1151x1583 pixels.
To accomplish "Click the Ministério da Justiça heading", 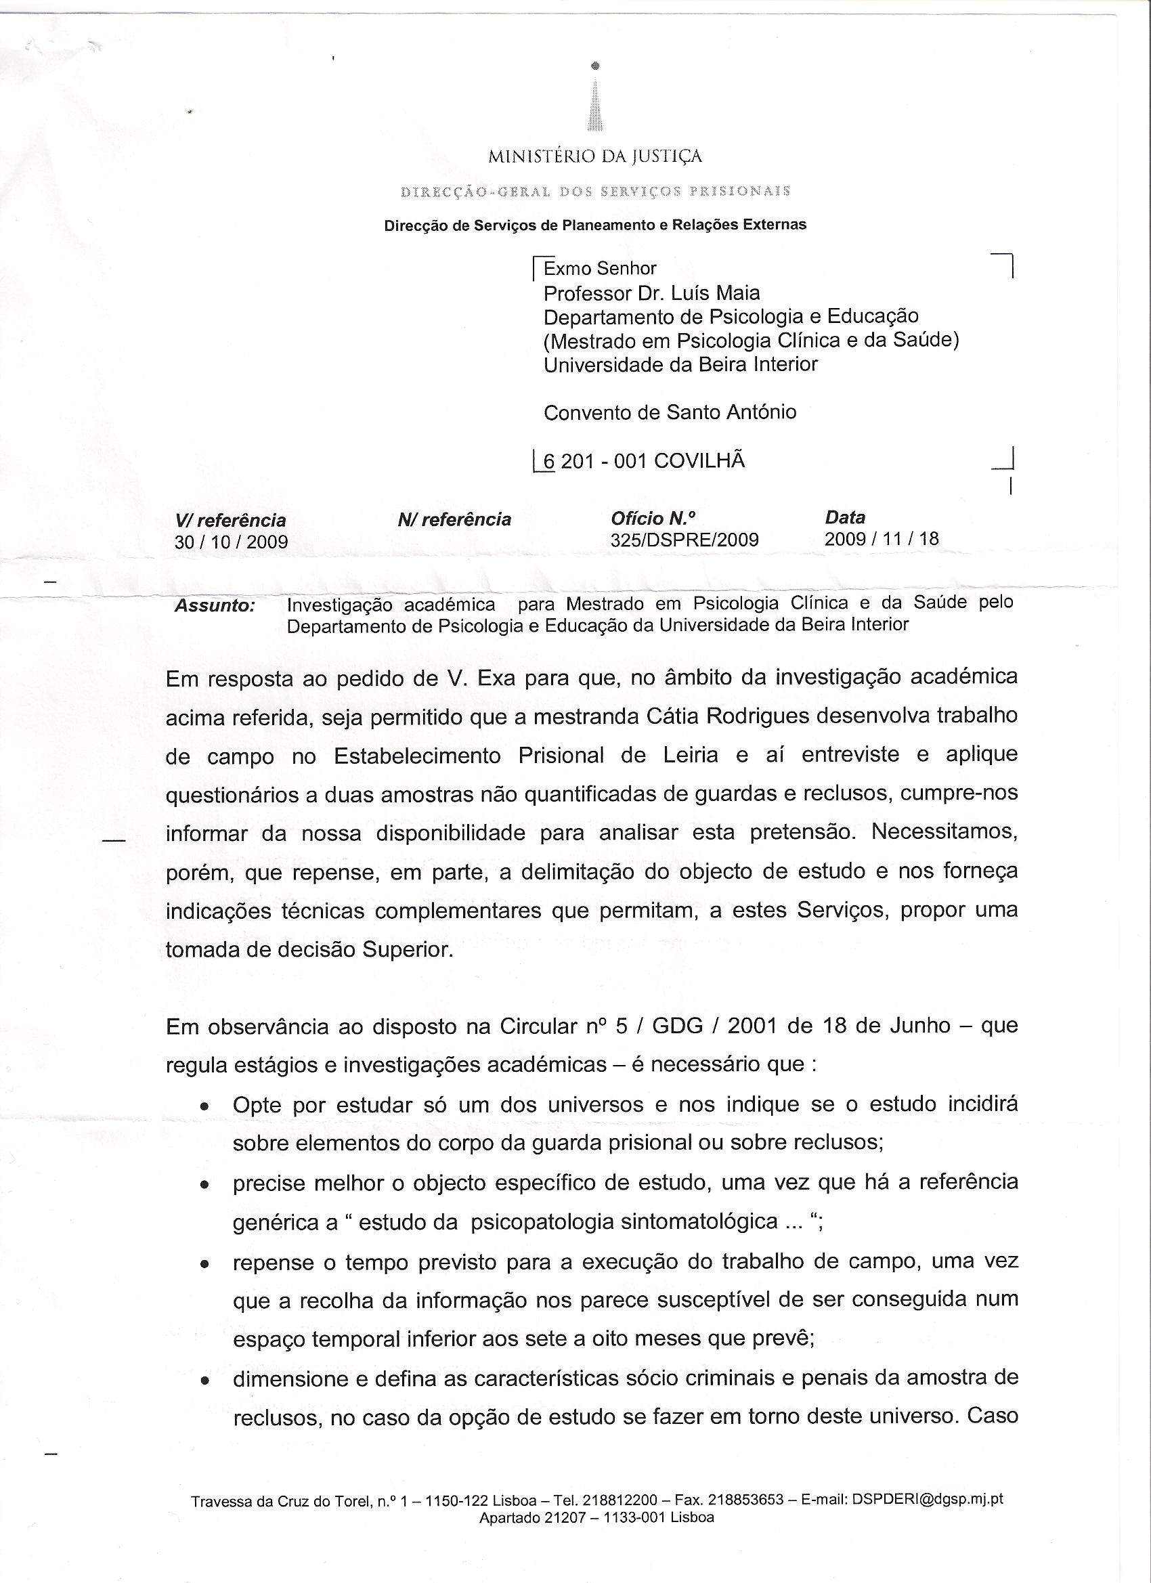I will click(594, 156).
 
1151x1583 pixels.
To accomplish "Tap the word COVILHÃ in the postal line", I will click(699, 460).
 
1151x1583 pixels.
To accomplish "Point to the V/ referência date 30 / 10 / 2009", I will click(231, 542).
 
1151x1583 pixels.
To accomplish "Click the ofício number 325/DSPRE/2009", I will click(684, 540).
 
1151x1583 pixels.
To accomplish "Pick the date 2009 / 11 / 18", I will click(882, 539).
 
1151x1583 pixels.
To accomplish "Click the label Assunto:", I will click(214, 606).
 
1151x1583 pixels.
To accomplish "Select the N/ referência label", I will click(454, 520).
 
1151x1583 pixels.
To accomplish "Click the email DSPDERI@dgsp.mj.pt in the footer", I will click(926, 1498).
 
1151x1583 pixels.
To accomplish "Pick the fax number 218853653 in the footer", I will click(745, 1499).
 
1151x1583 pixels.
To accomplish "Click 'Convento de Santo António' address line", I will click(670, 412).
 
